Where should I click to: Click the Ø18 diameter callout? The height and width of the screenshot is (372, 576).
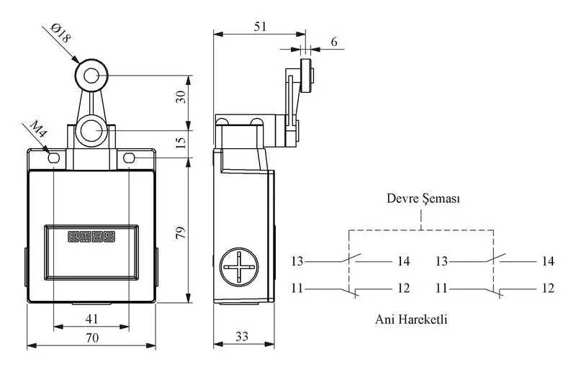(60, 33)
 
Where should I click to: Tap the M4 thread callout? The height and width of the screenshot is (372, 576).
(39, 129)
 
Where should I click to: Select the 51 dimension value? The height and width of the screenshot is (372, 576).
(260, 27)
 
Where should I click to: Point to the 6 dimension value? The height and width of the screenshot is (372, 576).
(334, 42)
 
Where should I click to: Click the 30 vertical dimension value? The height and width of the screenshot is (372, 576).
(181, 97)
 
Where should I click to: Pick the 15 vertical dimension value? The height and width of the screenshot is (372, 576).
(181, 142)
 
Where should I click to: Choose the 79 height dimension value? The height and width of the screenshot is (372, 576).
(181, 233)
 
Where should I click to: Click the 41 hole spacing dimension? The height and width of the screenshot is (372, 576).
(91, 319)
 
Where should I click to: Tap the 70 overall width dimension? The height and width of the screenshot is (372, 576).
(92, 338)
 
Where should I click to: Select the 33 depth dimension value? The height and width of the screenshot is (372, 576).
(242, 336)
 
